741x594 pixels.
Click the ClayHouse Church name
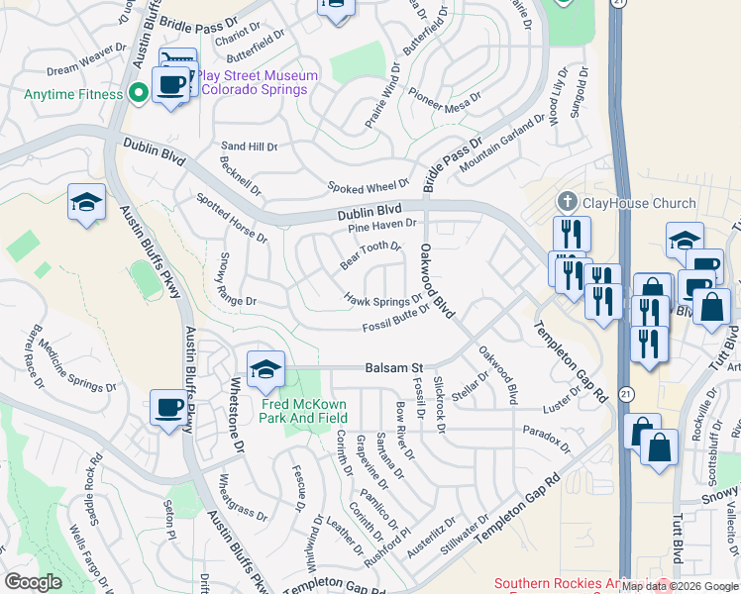[x=639, y=204]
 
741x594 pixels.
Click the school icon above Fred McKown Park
[x=265, y=371]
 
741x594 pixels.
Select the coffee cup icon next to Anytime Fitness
[x=170, y=85]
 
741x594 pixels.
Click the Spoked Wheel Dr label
[x=369, y=185]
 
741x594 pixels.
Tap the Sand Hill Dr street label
[x=250, y=147]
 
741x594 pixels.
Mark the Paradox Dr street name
[x=548, y=439]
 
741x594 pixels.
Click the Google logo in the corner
[x=33, y=582]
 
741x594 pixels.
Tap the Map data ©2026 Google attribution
[x=680, y=585]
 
